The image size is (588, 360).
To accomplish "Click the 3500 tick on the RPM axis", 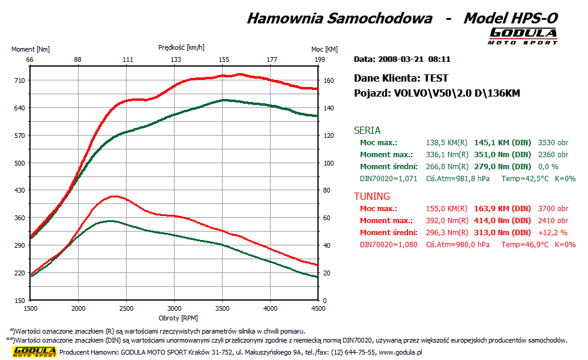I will [x=222, y=308].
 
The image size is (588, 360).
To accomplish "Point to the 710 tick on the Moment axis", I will [x=20, y=80].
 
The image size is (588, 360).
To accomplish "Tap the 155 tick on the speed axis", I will [x=224, y=59].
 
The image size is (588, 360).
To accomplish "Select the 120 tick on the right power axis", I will [x=328, y=136].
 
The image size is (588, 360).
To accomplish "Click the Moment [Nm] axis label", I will [x=31, y=49].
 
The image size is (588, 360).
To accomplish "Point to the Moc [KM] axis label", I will [x=325, y=49].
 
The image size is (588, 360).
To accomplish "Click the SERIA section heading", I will [x=367, y=130].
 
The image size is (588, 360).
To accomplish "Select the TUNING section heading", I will [x=372, y=196].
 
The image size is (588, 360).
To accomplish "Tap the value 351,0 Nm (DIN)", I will [x=503, y=155].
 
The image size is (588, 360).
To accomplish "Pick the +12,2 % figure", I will [x=555, y=233].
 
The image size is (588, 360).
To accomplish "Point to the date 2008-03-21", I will [x=401, y=59].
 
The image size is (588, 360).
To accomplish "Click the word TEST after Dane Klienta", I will [x=436, y=78].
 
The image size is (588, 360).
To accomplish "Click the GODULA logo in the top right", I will [x=523, y=35].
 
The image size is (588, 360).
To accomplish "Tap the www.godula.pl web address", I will [x=400, y=352].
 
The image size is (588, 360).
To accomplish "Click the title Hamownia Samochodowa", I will [x=340, y=18].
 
